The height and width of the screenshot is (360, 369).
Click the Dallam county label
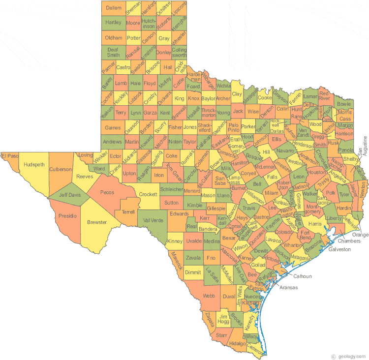[113, 8]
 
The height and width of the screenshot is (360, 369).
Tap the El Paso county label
[9, 156]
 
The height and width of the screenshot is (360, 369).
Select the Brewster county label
[97, 222]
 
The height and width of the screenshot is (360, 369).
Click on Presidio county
[68, 215]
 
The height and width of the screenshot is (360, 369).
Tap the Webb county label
[209, 296]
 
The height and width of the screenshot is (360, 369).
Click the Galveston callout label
[339, 249]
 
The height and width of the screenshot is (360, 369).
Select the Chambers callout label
[349, 241]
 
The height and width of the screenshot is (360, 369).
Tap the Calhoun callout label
[303, 276]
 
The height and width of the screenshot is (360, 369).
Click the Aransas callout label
[288, 287]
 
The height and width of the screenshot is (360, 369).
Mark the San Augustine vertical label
[365, 146]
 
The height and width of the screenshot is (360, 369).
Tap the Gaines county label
[112, 128]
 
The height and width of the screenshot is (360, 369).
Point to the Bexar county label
[229, 238]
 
